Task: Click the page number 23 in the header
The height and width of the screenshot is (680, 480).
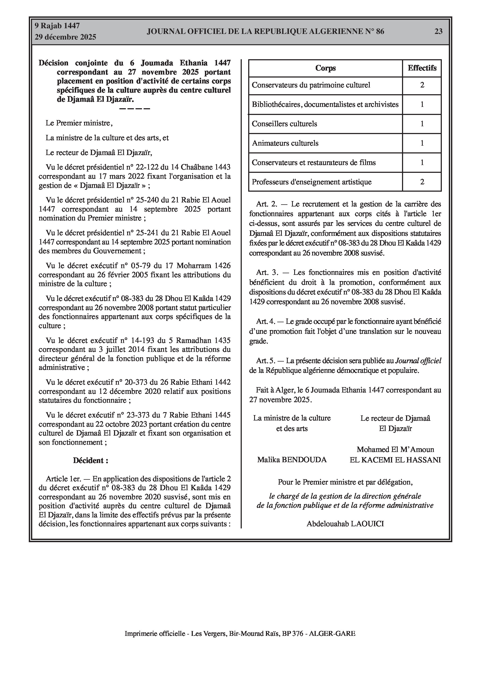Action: (x=438, y=31)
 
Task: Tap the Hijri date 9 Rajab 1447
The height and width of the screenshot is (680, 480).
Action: (x=57, y=26)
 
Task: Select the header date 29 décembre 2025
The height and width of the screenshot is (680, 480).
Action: (x=65, y=37)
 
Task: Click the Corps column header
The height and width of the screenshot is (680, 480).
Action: (x=325, y=68)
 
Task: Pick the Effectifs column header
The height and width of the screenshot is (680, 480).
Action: (x=422, y=68)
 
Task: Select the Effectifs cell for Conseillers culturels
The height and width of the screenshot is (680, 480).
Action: (x=422, y=124)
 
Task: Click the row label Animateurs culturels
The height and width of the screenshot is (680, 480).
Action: (x=285, y=143)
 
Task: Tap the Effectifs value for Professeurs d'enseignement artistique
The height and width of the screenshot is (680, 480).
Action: (x=422, y=182)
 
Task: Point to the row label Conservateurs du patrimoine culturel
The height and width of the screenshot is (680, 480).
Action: (x=311, y=85)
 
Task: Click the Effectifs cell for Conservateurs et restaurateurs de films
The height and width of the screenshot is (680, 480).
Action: (x=422, y=163)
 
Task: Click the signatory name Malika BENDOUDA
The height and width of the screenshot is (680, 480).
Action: (x=292, y=460)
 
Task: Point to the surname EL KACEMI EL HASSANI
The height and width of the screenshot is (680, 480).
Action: (x=395, y=460)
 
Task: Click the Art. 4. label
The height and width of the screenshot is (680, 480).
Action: (x=266, y=321)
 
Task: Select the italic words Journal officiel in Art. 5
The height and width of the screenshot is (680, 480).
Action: (x=418, y=361)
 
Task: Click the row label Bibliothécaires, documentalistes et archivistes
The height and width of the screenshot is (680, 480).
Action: (x=325, y=104)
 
